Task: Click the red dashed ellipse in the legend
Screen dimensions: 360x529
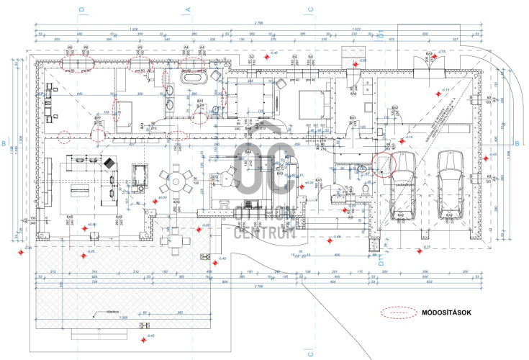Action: point(397,312)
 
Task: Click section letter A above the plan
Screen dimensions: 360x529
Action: point(188,9)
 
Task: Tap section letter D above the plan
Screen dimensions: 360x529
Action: point(82,9)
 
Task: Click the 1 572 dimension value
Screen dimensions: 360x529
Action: point(356,29)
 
